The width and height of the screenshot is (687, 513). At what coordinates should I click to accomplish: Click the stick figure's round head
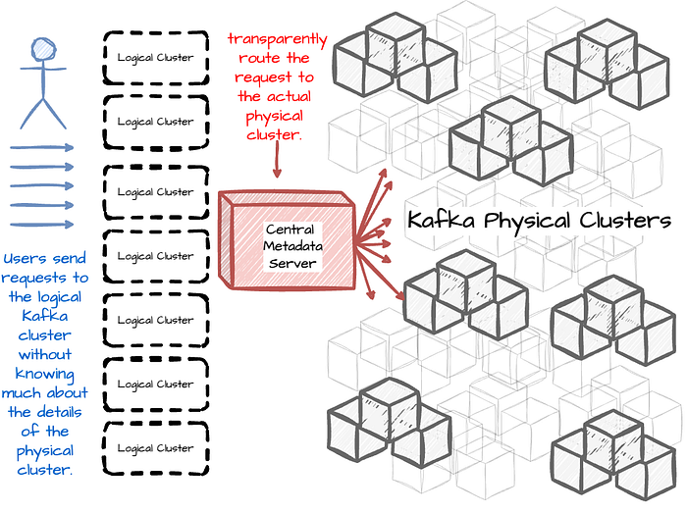pos(42,48)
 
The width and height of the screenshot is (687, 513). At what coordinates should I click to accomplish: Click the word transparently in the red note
pos(278,39)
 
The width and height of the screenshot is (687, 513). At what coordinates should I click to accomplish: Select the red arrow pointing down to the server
pos(278,162)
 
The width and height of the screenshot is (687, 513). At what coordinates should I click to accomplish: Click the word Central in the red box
pos(290,229)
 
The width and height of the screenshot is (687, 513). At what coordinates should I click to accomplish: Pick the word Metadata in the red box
pos(290,246)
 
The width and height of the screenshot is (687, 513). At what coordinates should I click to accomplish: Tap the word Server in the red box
pos(290,264)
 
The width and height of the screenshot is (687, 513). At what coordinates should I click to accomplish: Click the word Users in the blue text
pos(25,259)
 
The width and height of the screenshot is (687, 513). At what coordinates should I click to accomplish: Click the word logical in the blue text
pos(60,297)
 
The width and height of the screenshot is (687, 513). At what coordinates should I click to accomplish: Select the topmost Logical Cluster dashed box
pos(155,57)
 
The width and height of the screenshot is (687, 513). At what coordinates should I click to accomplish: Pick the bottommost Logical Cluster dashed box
pos(155,448)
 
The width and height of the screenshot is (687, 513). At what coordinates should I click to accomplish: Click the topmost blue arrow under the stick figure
pos(42,148)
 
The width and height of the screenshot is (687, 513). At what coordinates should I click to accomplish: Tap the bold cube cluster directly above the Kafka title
pos(509,137)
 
